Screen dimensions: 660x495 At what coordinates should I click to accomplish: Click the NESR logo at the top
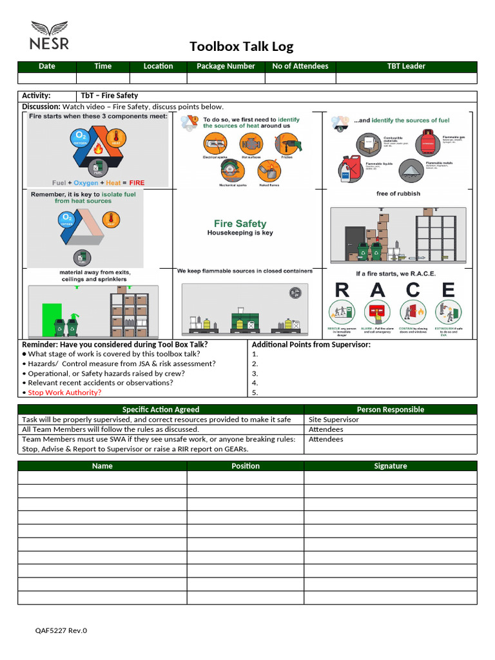(x=49, y=36)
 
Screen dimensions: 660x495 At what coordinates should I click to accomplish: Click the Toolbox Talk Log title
(x=241, y=46)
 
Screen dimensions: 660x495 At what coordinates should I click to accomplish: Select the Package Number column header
(x=226, y=66)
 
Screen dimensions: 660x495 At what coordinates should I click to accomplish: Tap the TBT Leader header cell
(x=405, y=66)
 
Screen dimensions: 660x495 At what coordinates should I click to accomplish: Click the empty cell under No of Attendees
(x=300, y=78)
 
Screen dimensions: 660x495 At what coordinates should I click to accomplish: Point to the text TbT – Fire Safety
(x=109, y=95)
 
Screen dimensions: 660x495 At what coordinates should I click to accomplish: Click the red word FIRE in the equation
(x=137, y=182)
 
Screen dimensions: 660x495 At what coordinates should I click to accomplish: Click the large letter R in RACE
(x=342, y=291)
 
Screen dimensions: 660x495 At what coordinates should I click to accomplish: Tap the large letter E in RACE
(x=448, y=291)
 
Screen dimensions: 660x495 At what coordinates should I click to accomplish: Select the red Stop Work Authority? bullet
(x=64, y=393)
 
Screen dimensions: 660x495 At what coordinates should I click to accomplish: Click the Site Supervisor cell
(x=333, y=420)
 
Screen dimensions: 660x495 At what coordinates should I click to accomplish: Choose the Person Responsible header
(x=390, y=409)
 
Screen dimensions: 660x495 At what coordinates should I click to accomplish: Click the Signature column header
(x=390, y=466)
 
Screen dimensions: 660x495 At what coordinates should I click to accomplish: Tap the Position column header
(x=246, y=466)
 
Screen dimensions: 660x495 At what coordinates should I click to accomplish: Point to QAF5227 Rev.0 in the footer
(x=61, y=630)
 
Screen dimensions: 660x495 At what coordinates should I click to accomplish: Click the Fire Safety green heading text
(x=240, y=224)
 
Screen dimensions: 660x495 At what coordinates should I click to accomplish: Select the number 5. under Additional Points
(x=255, y=393)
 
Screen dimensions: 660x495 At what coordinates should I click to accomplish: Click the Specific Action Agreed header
(x=160, y=409)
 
